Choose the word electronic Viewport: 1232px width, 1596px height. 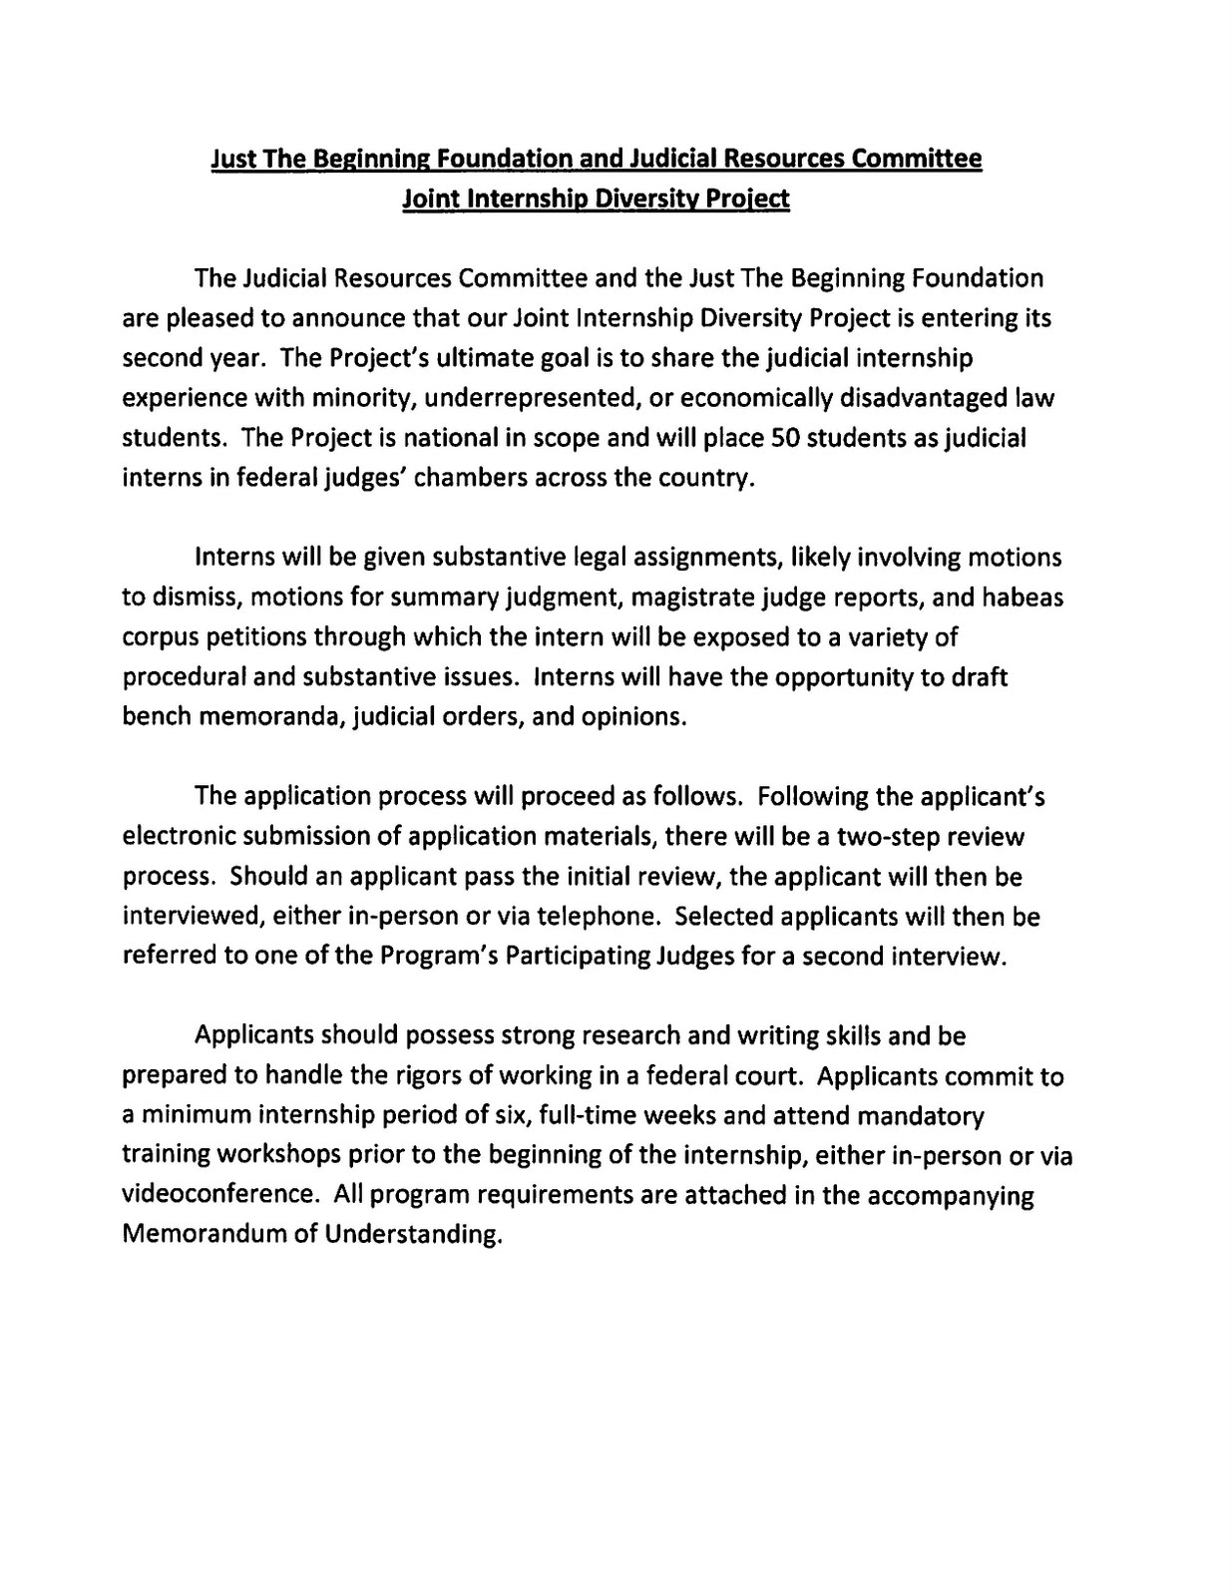tap(177, 836)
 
